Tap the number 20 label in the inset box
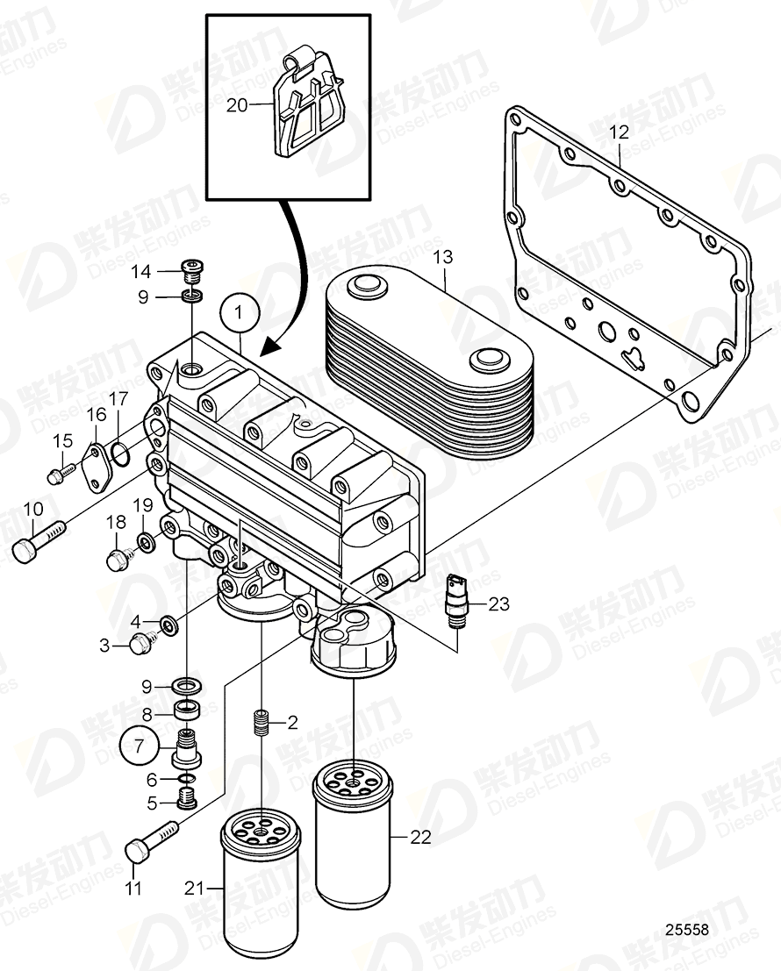(237, 105)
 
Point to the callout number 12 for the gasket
(620, 133)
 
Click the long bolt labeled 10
(39, 539)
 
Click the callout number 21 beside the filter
(194, 889)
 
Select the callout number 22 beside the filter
(421, 838)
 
